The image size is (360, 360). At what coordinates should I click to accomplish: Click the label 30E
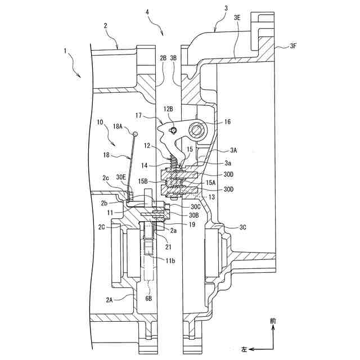(x=121, y=177)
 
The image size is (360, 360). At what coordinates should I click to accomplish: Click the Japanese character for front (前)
(x=273, y=321)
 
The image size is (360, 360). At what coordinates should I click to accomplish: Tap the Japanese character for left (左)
(x=244, y=349)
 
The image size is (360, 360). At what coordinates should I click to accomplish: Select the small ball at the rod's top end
(x=136, y=133)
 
